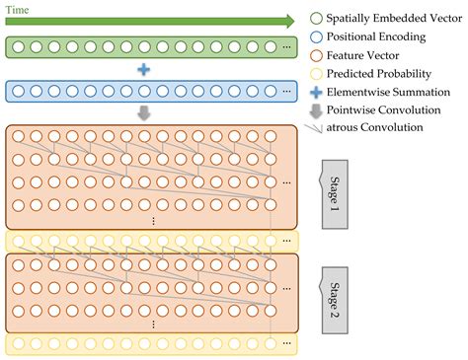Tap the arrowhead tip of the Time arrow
pos(293,21)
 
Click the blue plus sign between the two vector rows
pos(144,69)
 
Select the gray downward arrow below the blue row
pos(144,112)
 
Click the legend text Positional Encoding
pos(377,37)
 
